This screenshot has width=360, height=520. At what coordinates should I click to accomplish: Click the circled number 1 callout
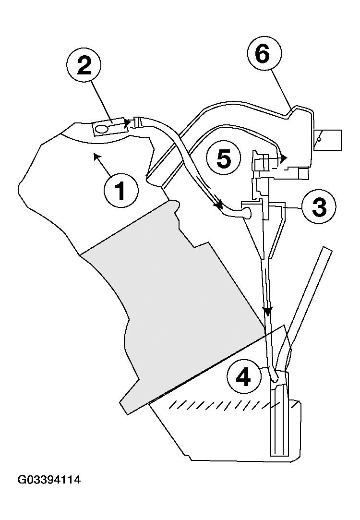[121, 190]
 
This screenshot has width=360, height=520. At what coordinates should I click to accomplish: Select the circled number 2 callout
[84, 66]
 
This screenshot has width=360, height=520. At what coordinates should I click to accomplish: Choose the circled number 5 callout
[224, 159]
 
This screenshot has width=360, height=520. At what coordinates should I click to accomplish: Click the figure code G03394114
[49, 480]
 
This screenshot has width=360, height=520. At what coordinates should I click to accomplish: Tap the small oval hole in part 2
[102, 129]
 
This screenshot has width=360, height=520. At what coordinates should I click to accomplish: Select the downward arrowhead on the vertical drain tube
[268, 311]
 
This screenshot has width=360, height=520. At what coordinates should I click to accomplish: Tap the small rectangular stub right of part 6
[328, 140]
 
